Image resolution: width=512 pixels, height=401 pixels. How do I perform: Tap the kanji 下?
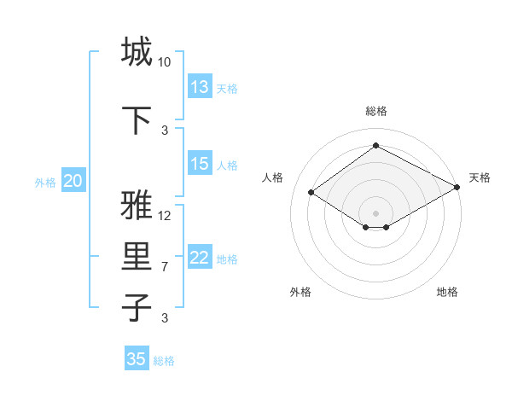tap(137, 119)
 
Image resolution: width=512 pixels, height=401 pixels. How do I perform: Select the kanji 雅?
tap(137, 206)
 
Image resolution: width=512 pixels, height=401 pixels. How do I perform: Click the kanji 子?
tap(137, 307)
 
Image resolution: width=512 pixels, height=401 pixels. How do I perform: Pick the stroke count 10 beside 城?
tap(165, 62)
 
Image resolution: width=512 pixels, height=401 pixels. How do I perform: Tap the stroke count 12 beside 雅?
tap(165, 216)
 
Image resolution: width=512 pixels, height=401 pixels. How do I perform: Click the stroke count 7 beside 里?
tap(165, 267)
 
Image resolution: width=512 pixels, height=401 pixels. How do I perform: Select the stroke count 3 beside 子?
tap(165, 318)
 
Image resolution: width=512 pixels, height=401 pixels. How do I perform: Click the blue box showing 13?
tap(200, 87)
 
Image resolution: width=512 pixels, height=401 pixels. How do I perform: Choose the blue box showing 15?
tap(200, 164)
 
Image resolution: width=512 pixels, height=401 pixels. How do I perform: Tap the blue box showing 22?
tap(200, 258)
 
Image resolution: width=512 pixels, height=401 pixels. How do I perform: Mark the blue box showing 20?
tap(73, 181)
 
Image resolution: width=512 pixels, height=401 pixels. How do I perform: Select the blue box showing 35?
tap(137, 359)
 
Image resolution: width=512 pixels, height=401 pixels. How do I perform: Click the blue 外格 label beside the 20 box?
tap(45, 182)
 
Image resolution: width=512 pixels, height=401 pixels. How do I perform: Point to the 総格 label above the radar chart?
tap(375, 111)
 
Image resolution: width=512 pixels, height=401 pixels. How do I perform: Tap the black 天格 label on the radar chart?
tap(480, 177)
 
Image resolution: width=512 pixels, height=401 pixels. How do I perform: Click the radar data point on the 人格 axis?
tap(311, 193)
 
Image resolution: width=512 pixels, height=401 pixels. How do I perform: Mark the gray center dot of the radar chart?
tap(375, 212)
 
